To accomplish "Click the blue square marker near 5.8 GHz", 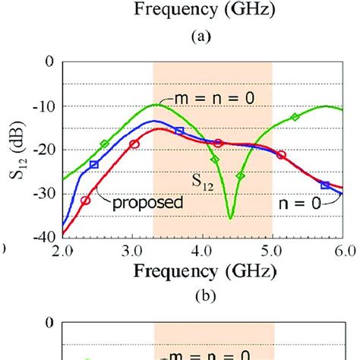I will click(325, 185).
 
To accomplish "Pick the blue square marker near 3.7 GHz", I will click(179, 131).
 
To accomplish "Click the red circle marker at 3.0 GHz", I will click(134, 144).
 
